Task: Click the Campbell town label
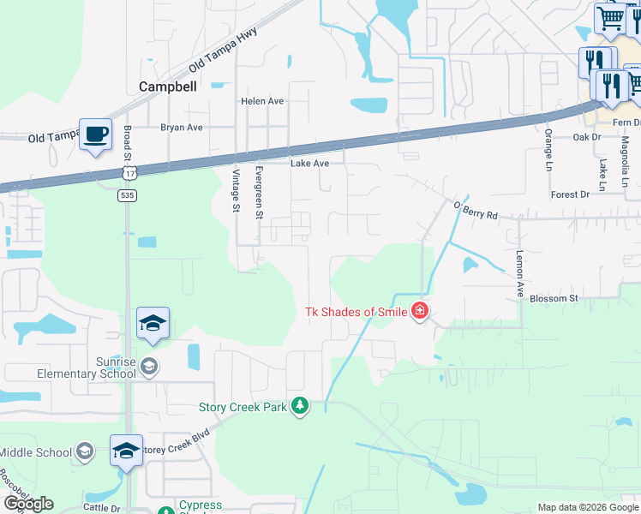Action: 168,87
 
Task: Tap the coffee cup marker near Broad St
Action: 95,134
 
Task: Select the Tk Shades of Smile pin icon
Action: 420,311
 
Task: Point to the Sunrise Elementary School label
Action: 86,367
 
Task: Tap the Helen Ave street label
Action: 262,101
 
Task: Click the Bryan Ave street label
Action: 182,128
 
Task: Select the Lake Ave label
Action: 309,164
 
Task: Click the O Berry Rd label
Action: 476,210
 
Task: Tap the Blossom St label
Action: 555,298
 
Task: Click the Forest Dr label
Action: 571,195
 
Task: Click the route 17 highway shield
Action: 129,173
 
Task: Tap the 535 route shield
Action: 127,195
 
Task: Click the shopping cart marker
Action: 611,18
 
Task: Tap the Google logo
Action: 28,504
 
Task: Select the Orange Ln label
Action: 548,151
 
